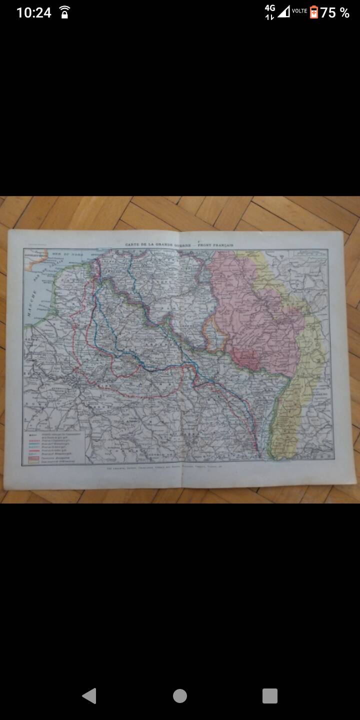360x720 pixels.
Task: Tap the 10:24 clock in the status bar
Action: [x=33, y=12]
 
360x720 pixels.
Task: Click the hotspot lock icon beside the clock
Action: [x=64, y=12]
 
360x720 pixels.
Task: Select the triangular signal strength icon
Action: [x=284, y=11]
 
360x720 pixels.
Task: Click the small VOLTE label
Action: [x=299, y=10]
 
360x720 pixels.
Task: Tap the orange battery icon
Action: [x=313, y=12]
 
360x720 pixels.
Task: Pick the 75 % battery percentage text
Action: [x=335, y=13]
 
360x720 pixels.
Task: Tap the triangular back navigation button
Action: [x=89, y=695]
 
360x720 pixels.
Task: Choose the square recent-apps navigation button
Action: [x=269, y=695]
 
